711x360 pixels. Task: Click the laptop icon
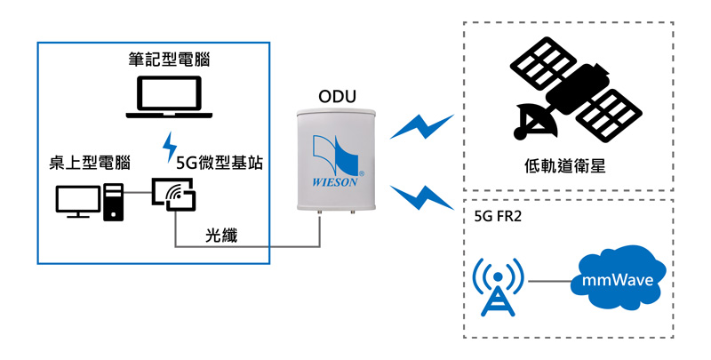tap(170, 98)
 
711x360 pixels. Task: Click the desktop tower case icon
tap(114, 201)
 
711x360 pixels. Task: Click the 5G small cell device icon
tap(172, 196)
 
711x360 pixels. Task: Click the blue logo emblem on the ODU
tap(336, 151)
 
